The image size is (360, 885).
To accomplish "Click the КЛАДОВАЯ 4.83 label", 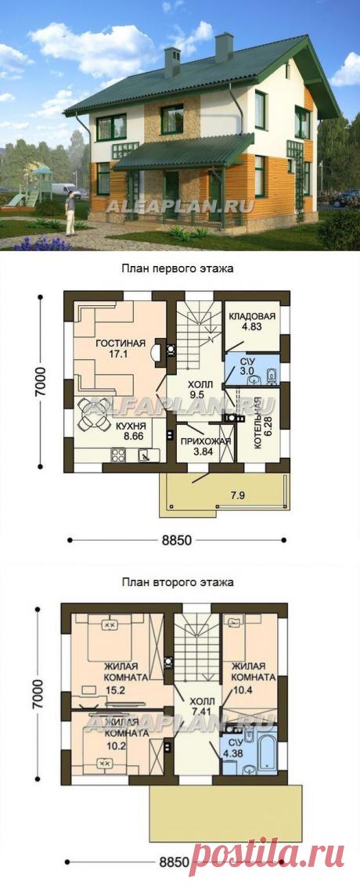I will pyautogui.click(x=252, y=322).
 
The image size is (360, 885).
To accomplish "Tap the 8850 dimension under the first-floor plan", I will pyautogui.click(x=178, y=540).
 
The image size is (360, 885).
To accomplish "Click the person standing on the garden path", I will pyautogui.click(x=71, y=211).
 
